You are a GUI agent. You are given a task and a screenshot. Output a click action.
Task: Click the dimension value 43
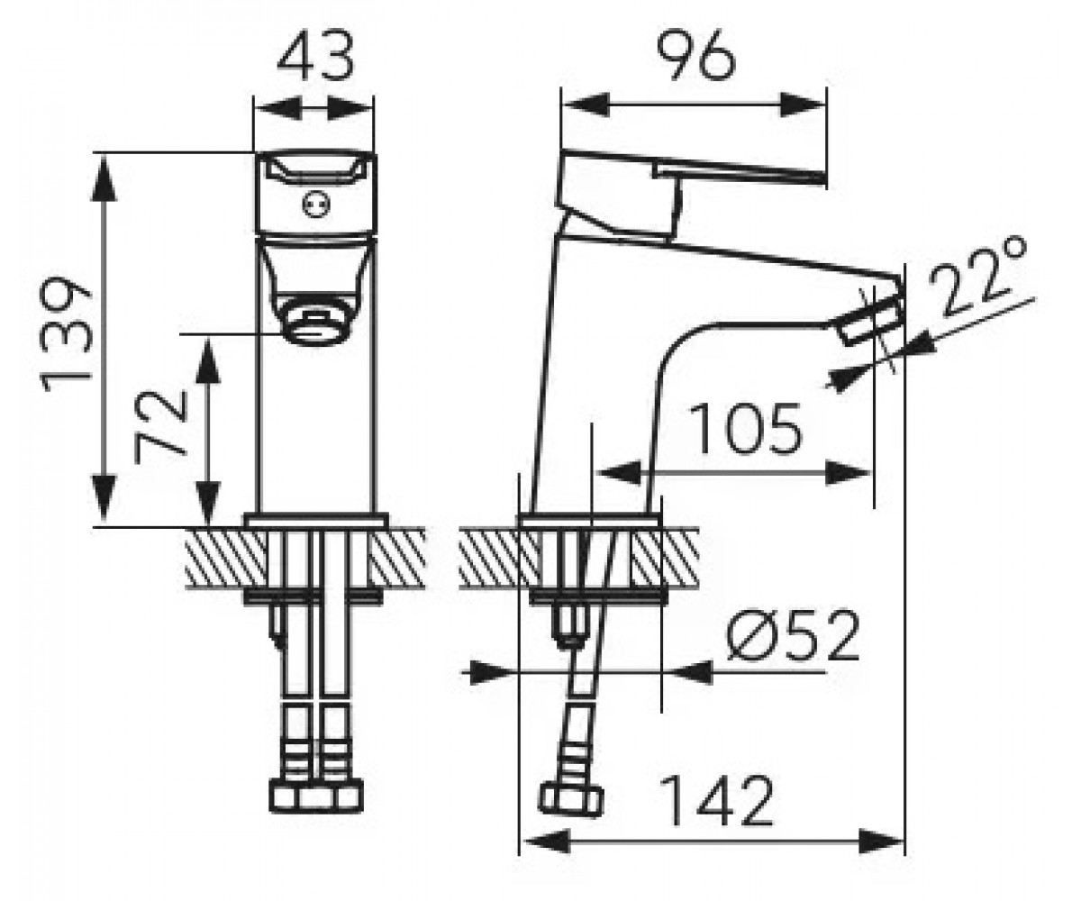[x=315, y=56]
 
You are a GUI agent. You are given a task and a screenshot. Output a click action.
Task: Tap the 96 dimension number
[x=695, y=57]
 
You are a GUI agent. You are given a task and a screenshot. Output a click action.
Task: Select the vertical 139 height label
[x=67, y=335]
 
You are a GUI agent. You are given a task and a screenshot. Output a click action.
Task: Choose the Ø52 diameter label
[x=792, y=634]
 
